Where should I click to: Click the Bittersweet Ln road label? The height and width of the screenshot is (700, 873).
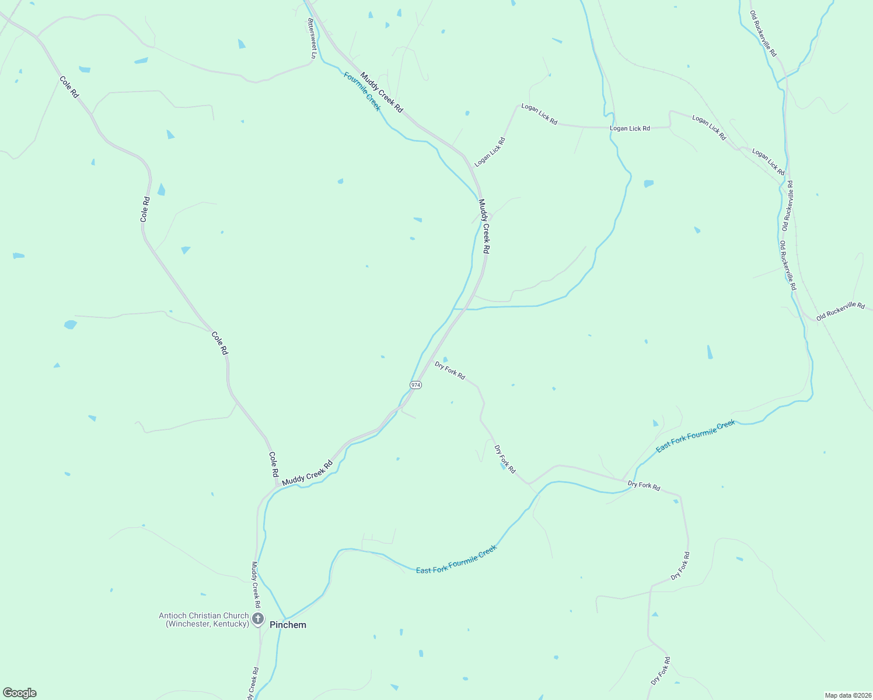pyautogui.click(x=312, y=38)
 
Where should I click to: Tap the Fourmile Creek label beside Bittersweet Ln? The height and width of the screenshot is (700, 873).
pyautogui.click(x=362, y=92)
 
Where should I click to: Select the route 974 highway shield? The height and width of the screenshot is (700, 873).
pyautogui.click(x=415, y=385)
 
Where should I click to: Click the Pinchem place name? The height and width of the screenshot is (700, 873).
pyautogui.click(x=288, y=625)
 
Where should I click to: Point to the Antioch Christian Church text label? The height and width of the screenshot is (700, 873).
pyautogui.click(x=204, y=619)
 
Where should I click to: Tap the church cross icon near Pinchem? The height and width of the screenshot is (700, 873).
pyautogui.click(x=258, y=618)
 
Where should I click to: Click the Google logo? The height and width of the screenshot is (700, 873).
pyautogui.click(x=20, y=693)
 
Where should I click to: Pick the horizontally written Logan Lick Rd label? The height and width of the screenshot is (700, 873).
pyautogui.click(x=630, y=128)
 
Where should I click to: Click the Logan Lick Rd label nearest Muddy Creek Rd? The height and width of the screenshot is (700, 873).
pyautogui.click(x=490, y=152)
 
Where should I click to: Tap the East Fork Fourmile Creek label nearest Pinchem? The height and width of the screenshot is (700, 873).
pyautogui.click(x=456, y=559)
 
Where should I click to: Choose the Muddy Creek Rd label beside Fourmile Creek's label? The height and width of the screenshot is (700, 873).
pyautogui.click(x=381, y=92)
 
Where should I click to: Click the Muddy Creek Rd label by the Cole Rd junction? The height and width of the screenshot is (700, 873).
pyautogui.click(x=307, y=473)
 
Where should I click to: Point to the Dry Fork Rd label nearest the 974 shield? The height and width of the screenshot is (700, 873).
pyautogui.click(x=450, y=370)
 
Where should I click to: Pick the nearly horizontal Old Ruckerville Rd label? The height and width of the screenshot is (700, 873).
pyautogui.click(x=840, y=310)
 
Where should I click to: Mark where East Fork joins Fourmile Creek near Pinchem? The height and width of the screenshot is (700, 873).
pyautogui.click(x=285, y=618)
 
